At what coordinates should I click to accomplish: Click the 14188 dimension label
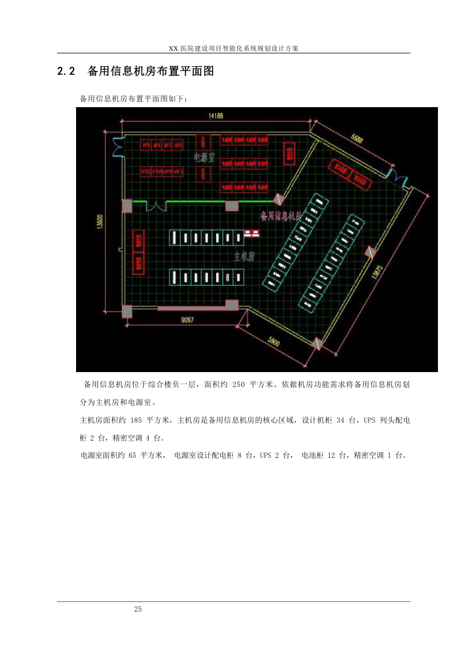pyautogui.click(x=216, y=116)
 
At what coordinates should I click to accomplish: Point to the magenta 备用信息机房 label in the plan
pyautogui.click(x=281, y=216)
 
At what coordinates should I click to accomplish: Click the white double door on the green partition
pyautogui.click(x=155, y=205)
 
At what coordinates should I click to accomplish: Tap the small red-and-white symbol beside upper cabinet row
pyautogui.click(x=252, y=233)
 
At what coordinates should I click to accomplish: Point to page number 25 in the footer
pyautogui.click(x=137, y=609)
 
